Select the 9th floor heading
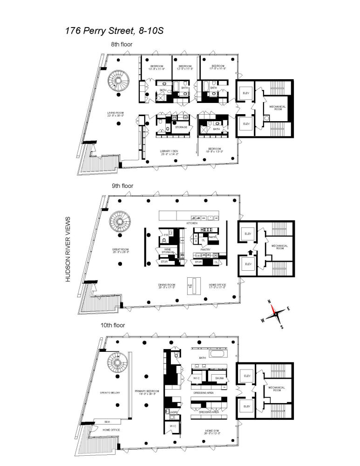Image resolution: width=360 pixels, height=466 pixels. click(x=122, y=186)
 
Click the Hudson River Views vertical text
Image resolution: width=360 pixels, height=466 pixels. click(x=68, y=249)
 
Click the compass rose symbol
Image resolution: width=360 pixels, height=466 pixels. click(x=276, y=314)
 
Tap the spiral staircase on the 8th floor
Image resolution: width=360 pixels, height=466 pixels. click(x=117, y=83)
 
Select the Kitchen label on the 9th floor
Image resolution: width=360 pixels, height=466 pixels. click(x=192, y=224)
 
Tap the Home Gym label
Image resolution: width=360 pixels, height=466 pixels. click(x=212, y=431)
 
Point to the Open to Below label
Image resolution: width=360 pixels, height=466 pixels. click(x=111, y=393)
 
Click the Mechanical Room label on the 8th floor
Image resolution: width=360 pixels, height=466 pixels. click(x=277, y=108)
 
